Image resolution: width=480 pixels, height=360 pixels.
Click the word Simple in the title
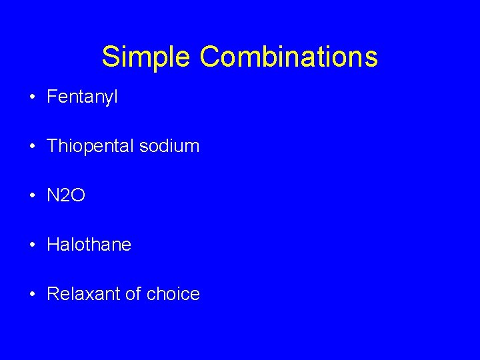coord(147,57)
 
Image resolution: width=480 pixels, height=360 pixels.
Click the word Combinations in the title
coord(289,57)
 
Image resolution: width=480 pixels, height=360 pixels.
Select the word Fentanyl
coord(82,97)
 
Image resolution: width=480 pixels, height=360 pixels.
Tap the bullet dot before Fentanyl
coord(32,97)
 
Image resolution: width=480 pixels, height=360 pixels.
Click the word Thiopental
coord(91,146)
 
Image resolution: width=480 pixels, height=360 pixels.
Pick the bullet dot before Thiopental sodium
coord(32,147)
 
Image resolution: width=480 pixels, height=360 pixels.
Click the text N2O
coord(66,195)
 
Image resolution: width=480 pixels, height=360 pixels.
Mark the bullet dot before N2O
coord(32,196)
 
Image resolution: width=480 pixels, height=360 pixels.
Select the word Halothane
coord(89,245)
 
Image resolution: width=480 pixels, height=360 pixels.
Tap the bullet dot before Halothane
coord(32,245)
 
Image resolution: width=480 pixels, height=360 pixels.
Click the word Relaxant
coord(84,294)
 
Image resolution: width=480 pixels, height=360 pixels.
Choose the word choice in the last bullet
coord(173,294)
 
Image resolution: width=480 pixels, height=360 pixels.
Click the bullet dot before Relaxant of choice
coord(32,295)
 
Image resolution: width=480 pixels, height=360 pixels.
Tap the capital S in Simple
coord(110,57)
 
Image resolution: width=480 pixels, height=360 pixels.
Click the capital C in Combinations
coord(210,57)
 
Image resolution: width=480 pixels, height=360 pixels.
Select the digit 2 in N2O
coord(66,195)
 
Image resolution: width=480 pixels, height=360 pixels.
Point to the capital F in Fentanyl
coord(51,97)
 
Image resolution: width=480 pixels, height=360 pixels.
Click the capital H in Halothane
coord(53,245)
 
